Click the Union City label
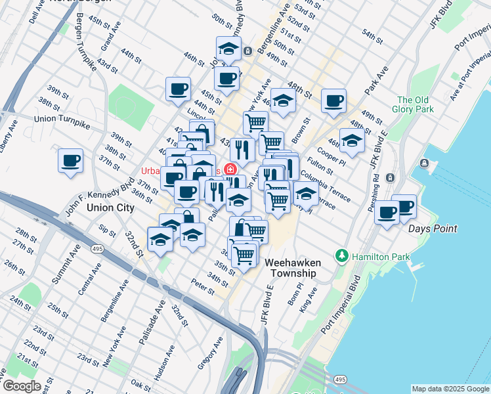110,208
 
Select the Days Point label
433,229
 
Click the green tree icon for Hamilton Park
341,256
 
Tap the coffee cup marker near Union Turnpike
71,161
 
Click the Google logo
21,386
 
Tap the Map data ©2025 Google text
450,389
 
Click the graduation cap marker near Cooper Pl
352,141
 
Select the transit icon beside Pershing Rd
390,177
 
